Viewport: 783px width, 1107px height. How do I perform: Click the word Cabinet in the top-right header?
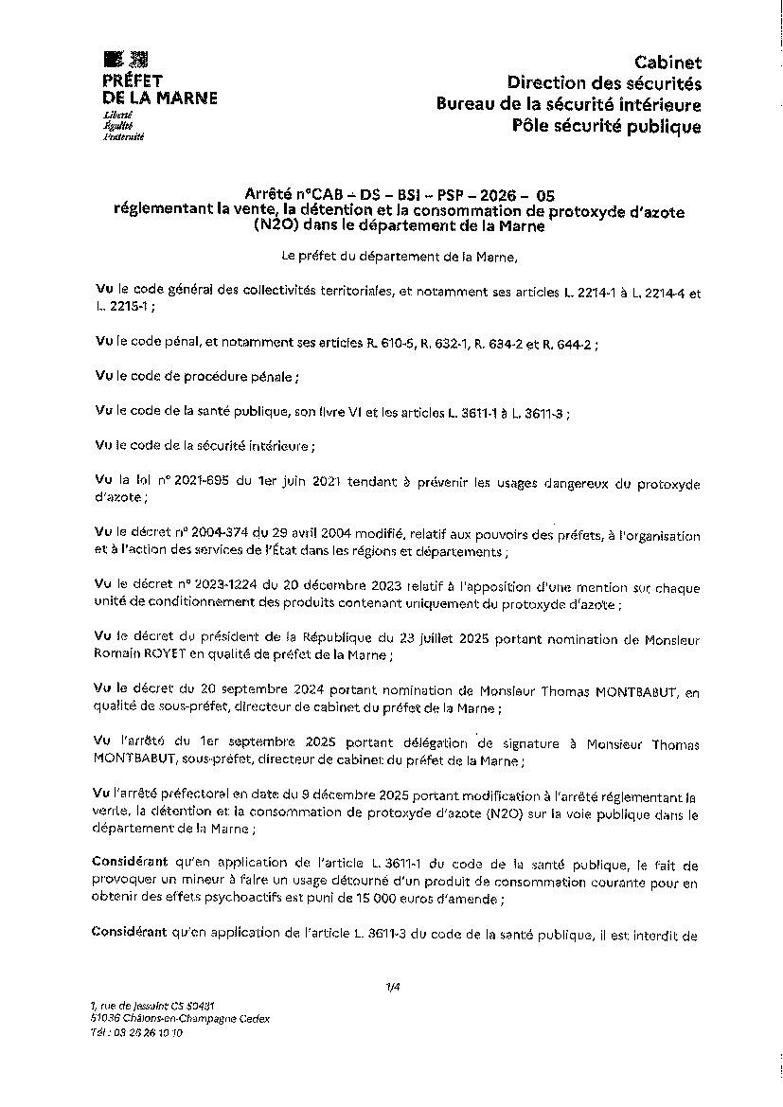tap(667, 62)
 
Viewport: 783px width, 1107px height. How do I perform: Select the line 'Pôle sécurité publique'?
tap(606, 126)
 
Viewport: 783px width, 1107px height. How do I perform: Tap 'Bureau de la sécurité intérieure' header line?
tap(568, 104)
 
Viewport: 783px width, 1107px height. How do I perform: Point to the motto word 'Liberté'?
tap(117, 115)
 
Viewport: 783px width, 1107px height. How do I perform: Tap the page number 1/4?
tap(393, 988)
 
